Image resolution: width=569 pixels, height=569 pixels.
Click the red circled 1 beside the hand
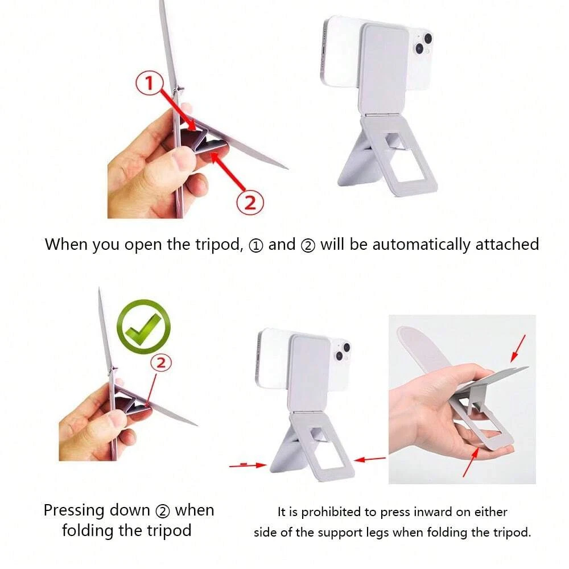[x=149, y=83]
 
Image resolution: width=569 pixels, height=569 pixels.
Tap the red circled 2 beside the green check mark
[x=161, y=363]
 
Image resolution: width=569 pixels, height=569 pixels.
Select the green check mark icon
[x=144, y=326]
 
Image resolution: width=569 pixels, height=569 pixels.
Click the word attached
[x=507, y=244]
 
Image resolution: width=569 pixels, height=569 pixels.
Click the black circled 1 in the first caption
[x=256, y=246]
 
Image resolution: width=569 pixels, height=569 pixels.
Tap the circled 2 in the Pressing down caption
[x=163, y=512]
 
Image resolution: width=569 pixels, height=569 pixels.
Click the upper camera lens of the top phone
[x=428, y=38]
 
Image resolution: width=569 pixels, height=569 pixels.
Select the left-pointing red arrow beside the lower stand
[x=370, y=459]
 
